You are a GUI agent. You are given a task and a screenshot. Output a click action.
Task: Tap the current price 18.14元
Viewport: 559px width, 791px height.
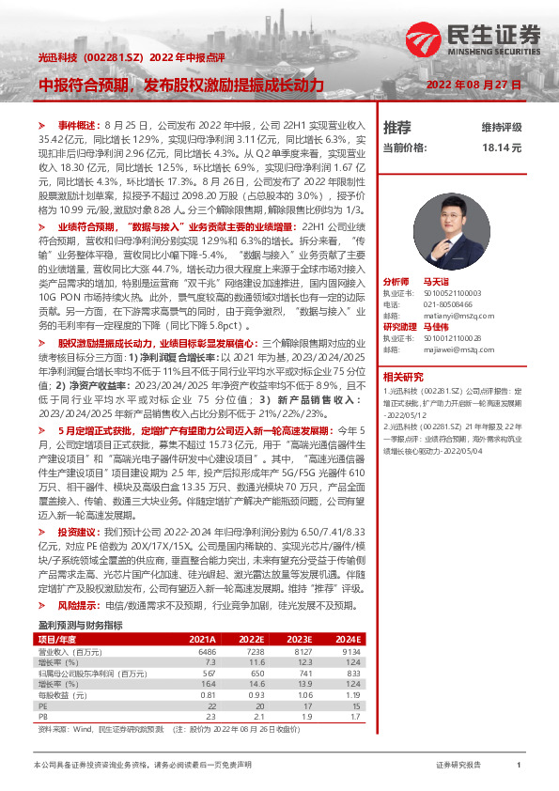tap(502, 147)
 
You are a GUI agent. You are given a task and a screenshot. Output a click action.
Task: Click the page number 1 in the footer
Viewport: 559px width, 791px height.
tap(519, 766)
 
